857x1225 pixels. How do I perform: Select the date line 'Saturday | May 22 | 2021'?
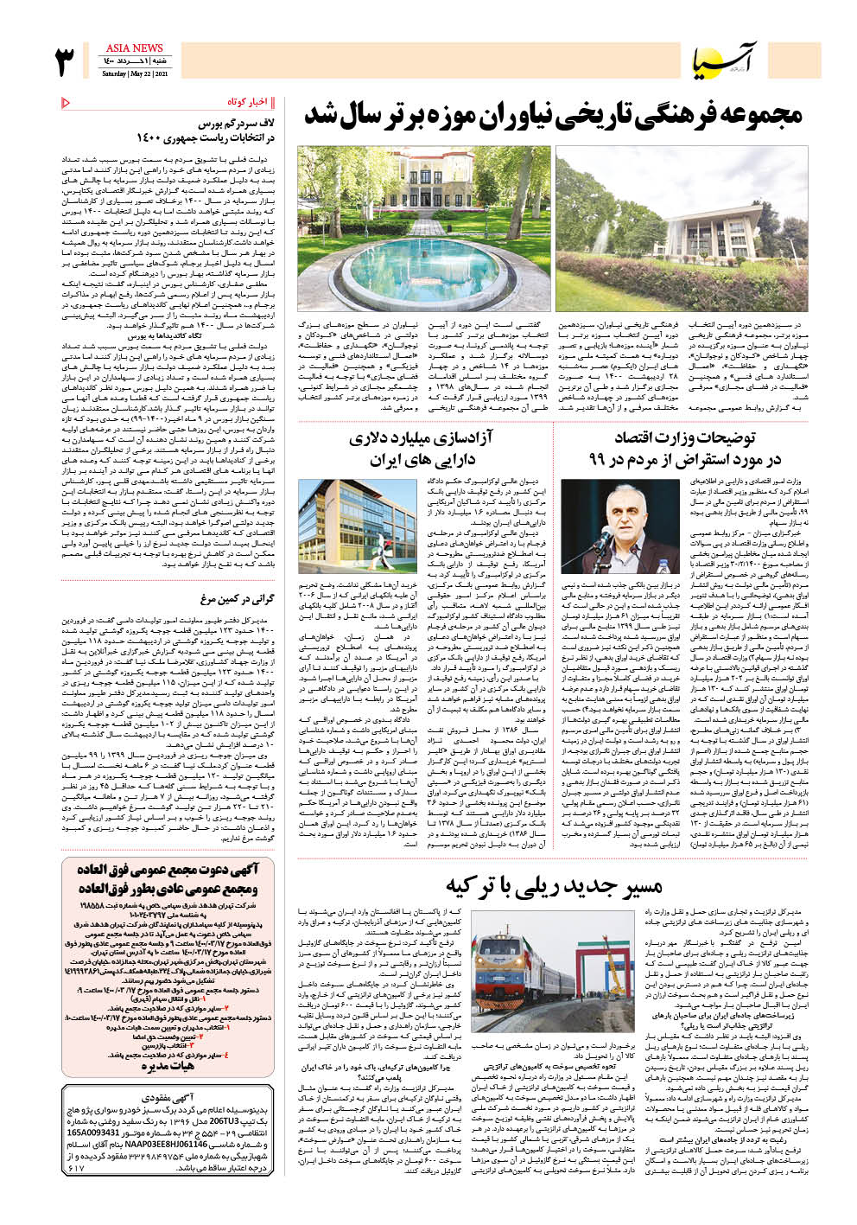134,73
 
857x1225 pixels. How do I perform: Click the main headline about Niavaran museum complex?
553,115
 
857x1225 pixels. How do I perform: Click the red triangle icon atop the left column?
67,104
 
